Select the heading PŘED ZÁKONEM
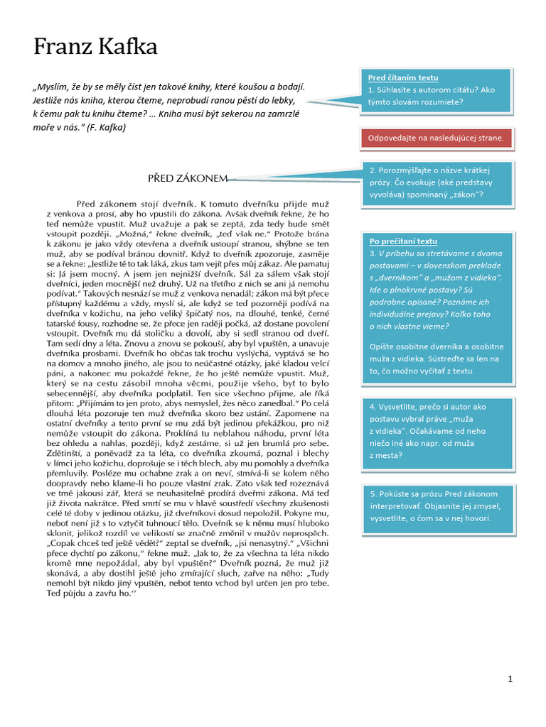pos(188,177)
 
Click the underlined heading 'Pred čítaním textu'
pos(403,77)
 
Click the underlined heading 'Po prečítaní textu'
pos(403,241)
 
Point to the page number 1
pos(510,679)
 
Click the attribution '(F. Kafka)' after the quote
pos(103,127)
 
